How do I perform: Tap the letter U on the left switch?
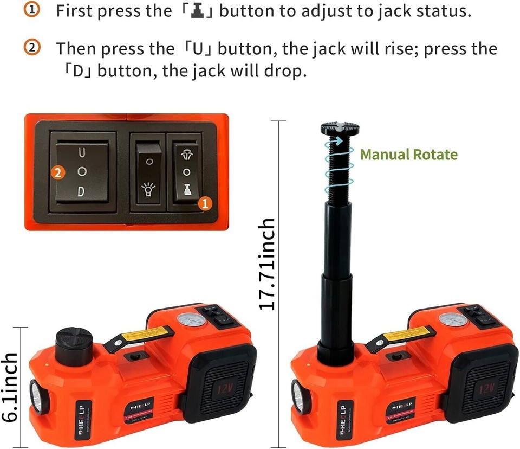[81, 153]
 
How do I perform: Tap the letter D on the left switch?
[81, 191]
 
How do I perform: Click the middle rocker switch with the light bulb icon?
[149, 172]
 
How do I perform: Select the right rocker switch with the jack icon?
[186, 172]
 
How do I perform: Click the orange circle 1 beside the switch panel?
[204, 203]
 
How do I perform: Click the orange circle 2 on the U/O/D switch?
[59, 173]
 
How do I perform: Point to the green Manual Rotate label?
[408, 155]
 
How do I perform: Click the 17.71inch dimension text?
[267, 264]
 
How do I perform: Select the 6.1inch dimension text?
[10, 387]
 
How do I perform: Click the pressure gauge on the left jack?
[192, 319]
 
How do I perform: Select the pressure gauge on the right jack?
[453, 319]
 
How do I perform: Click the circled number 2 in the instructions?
[33, 48]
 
